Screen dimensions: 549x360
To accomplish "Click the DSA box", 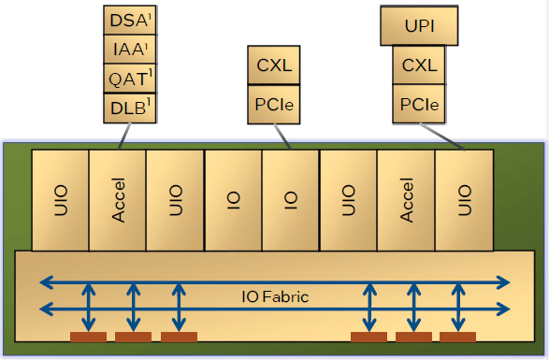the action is tap(130, 20).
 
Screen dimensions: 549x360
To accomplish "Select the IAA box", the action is tap(130, 49).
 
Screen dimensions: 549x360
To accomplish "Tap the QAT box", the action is tap(130, 79).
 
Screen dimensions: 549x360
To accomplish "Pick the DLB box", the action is tap(130, 108).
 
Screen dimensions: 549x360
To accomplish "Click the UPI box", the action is tap(419, 25).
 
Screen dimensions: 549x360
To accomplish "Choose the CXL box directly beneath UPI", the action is tap(419, 65).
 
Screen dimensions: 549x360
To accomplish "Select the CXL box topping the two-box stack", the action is tap(274, 65).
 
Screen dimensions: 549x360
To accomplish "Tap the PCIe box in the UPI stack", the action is tap(419, 104).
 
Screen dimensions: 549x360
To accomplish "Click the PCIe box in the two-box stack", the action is tap(274, 105).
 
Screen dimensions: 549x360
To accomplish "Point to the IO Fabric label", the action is tap(275, 297).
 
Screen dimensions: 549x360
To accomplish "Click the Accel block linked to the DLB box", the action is tap(117, 200).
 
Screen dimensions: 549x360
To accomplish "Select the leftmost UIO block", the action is tap(60, 200).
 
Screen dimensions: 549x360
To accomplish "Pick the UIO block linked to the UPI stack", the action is tap(464, 200).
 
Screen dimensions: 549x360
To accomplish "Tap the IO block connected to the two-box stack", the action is tap(291, 200).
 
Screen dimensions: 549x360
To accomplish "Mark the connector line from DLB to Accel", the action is tap(125, 137).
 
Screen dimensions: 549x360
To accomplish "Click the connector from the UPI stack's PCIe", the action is tap(442, 137).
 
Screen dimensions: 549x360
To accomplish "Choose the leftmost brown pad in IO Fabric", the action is tap(88, 337).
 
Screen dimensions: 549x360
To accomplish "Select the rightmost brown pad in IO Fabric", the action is tap(457, 337).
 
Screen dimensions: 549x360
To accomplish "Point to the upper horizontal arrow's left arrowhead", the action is tap(46, 282).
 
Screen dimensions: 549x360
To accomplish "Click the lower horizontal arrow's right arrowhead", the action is tap(503, 310).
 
